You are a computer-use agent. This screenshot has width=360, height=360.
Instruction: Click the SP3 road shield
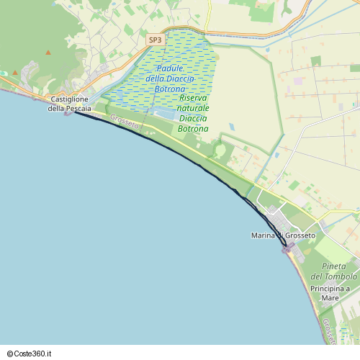click(x=155, y=40)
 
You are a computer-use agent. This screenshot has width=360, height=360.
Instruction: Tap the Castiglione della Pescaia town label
click(x=70, y=104)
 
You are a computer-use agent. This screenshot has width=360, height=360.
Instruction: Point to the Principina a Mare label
click(x=330, y=292)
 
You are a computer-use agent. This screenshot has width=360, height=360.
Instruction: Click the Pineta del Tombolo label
click(x=333, y=271)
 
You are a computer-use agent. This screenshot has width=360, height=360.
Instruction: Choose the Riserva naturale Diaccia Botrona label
click(x=193, y=113)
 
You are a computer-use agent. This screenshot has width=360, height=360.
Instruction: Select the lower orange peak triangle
click(x=48, y=53)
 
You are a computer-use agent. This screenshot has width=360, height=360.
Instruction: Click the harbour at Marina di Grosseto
click(x=288, y=248)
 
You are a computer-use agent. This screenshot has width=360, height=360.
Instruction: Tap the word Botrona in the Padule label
click(x=170, y=89)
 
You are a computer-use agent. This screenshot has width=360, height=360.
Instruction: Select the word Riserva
click(x=194, y=97)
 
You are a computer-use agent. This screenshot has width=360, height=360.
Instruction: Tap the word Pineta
click(x=333, y=266)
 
